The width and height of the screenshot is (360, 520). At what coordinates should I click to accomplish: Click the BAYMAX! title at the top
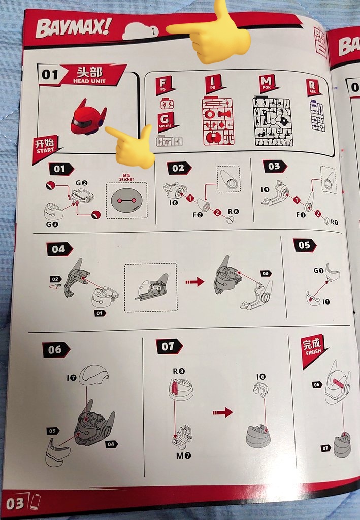coord(73,27)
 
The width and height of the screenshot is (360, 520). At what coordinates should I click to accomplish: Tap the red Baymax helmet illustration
coord(87,118)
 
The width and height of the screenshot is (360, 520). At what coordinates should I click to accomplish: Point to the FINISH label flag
coord(313,348)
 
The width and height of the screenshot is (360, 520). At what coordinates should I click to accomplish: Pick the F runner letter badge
coord(164,83)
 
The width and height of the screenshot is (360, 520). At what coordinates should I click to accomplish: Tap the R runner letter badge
coord(313,87)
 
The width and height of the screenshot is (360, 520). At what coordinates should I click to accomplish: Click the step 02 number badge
coord(179,168)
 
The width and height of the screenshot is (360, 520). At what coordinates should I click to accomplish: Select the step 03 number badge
coord(274,166)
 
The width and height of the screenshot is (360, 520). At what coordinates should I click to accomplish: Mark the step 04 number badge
coord(59,249)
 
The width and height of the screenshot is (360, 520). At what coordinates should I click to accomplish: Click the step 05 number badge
coord(304,245)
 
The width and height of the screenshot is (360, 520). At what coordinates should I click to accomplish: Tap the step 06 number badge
coord(55,349)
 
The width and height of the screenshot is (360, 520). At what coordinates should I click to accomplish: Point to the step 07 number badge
coord(168,346)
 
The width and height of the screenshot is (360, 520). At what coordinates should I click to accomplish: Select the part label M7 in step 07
coord(183,456)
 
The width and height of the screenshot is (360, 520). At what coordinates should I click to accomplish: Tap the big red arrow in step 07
coord(223,412)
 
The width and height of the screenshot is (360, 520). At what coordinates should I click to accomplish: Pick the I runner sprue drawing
coord(218,121)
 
